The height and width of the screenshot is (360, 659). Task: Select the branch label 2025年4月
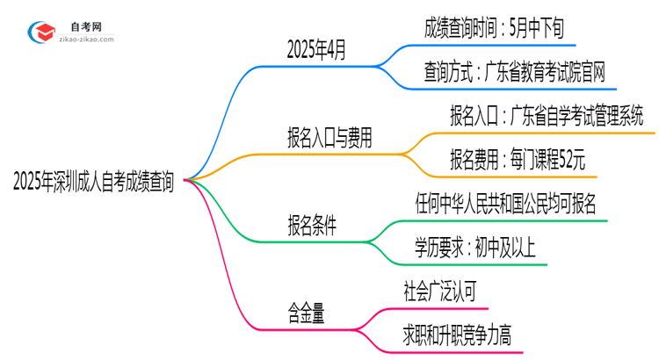pos(316,50)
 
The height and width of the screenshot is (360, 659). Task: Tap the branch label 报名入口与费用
pos(329,137)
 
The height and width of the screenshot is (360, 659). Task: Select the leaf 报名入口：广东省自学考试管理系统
pos(546,115)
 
